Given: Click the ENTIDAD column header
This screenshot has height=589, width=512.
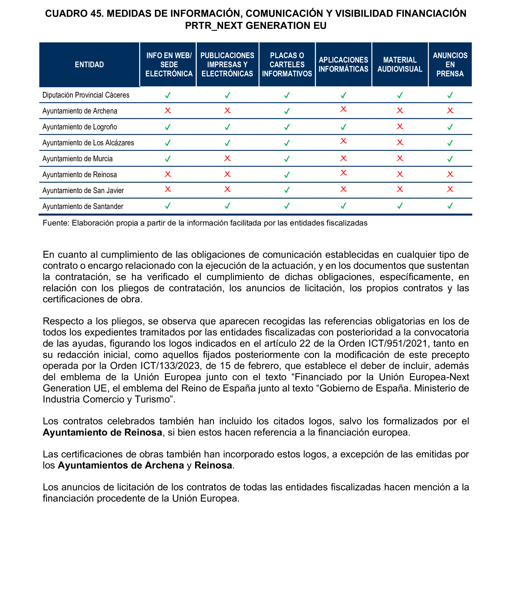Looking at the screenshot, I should tap(89, 65).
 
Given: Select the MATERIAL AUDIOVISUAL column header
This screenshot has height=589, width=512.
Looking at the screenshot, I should tap(400, 64).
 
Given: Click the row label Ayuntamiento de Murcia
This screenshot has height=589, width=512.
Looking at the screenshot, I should tap(78, 159).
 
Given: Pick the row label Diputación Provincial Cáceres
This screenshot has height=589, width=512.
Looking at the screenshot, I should tap(86, 95).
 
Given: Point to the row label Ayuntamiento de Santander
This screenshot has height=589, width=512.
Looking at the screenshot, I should tap(83, 206).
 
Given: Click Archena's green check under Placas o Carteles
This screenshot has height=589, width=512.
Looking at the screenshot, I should tap(287, 111).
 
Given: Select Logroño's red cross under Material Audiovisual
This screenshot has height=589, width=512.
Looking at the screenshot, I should tap(400, 127).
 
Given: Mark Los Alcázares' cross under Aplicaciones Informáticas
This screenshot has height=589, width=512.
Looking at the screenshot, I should tap(343, 141).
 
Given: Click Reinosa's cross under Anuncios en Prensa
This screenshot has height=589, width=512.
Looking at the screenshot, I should tap(450, 174).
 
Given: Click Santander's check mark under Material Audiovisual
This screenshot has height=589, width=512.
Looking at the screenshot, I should tap(400, 205).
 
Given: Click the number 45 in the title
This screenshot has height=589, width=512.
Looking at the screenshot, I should tap(97, 13).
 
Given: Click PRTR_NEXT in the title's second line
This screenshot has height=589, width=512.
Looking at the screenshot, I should tap(214, 26).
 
